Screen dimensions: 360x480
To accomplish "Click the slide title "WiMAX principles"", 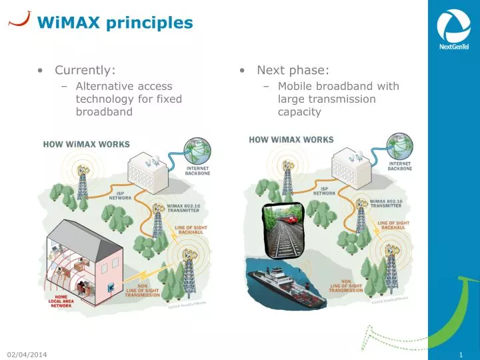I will [115, 23].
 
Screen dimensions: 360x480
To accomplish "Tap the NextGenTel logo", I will [453, 30].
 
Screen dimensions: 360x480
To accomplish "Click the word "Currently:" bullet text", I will [85, 70].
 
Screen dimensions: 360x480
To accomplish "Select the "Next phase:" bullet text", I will [293, 70].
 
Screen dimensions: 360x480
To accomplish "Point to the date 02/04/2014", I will [27, 353].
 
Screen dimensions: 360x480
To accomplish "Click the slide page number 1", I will [461, 353].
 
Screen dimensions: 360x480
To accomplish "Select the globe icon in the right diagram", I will [400, 149].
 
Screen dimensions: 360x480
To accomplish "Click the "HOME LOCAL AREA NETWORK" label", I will [61, 301].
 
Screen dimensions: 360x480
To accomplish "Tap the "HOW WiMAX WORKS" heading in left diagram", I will [87, 144].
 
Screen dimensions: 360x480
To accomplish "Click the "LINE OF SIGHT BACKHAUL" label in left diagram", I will [191, 231].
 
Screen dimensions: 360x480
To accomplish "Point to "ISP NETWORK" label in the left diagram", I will [120, 196].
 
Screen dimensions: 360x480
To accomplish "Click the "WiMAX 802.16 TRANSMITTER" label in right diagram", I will [387, 203].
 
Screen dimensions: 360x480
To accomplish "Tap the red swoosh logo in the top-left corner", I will [20, 18].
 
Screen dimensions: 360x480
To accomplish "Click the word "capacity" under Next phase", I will [299, 111].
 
